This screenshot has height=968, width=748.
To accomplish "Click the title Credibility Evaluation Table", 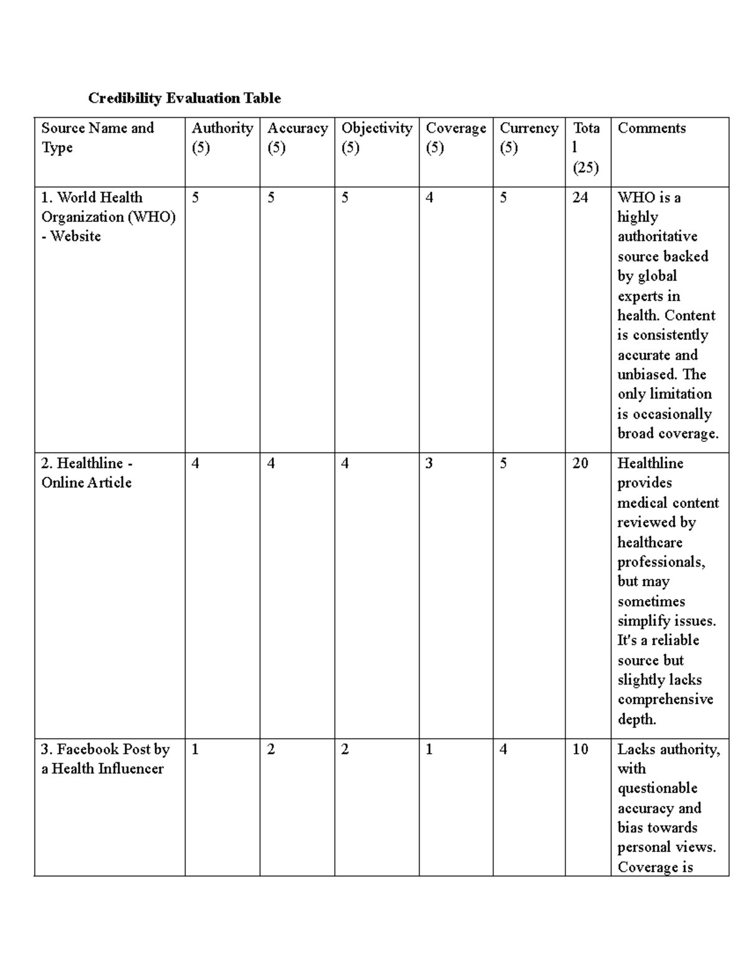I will [x=184, y=98].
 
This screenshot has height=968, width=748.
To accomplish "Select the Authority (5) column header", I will [x=222, y=138].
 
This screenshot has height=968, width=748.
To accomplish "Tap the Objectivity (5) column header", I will [x=376, y=138].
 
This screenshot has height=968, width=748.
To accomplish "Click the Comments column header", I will [x=651, y=128].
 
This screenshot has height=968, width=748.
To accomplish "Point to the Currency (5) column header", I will [x=529, y=138].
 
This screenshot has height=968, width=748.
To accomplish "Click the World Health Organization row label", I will [x=108, y=217].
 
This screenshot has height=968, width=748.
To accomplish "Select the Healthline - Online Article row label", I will [x=87, y=473].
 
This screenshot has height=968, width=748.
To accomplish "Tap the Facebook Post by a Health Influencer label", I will [x=105, y=759].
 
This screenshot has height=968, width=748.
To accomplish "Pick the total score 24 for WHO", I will [x=580, y=198].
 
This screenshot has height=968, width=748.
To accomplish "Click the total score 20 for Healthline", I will [x=580, y=463].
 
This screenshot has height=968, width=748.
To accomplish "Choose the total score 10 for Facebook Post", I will [x=580, y=749].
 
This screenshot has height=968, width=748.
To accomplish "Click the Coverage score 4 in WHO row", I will [x=429, y=198].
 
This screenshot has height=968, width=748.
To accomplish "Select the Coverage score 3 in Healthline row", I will [x=429, y=463].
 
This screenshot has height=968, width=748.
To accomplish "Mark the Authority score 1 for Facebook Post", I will [x=195, y=749].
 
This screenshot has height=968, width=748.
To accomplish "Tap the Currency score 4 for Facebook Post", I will [x=503, y=749].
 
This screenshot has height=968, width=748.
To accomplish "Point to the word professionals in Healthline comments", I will [x=661, y=562].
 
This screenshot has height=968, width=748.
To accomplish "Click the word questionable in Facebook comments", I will [x=657, y=788].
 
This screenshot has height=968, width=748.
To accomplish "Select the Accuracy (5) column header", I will [x=297, y=138].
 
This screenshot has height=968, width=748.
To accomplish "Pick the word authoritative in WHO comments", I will [x=657, y=237].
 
